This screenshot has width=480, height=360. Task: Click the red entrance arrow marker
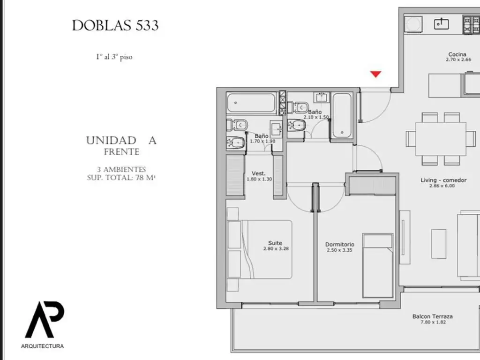[x=375, y=74]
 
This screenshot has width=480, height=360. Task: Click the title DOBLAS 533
[x=115, y=25]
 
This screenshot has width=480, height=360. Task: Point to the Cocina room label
[x=457, y=54]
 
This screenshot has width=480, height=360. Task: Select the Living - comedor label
[x=443, y=180]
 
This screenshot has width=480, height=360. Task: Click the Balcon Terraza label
[x=432, y=316]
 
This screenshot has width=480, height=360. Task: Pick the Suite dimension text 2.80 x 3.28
[x=276, y=248]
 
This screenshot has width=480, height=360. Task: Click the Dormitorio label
[x=340, y=244]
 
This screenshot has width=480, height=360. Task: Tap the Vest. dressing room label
[x=258, y=173]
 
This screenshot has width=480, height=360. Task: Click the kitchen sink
[x=441, y=23]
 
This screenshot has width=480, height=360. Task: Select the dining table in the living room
[x=441, y=139]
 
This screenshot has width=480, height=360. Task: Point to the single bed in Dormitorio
[x=378, y=266]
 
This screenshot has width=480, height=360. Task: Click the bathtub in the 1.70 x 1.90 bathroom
[x=251, y=103]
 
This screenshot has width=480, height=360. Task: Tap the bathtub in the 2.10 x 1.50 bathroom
[x=342, y=115]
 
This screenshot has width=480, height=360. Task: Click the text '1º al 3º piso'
[x=114, y=57]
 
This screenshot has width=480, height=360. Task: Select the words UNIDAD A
[x=121, y=141]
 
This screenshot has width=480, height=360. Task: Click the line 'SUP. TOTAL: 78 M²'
[x=121, y=178]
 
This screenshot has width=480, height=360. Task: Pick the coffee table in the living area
[x=439, y=244]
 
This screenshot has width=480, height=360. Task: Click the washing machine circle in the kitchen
[x=413, y=24]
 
